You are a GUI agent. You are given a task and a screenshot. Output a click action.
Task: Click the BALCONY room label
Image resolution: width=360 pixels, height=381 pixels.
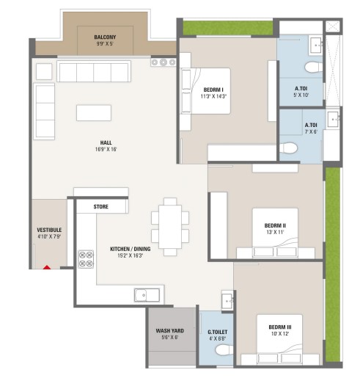coord(105,37)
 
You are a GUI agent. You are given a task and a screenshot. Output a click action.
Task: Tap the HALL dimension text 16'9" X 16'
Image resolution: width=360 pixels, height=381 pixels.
coord(106,149)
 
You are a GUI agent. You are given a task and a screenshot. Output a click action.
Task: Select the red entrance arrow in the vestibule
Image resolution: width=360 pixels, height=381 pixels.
coord(47,267)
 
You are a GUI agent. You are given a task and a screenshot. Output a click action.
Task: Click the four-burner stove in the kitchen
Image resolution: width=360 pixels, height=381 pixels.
coord(86,259)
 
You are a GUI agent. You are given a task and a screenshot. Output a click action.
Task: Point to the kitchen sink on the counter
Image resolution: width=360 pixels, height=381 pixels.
coord(147,295)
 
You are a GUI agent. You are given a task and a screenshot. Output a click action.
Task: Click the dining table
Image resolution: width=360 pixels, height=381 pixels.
coord(170,227)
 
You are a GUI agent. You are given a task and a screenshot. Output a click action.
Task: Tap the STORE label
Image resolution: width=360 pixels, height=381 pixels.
coord(101,207)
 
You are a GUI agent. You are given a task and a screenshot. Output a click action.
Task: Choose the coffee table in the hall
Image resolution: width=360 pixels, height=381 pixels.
coord(94,113)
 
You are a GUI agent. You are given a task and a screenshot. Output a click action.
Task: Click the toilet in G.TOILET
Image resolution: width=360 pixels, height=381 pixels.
coord(224,349)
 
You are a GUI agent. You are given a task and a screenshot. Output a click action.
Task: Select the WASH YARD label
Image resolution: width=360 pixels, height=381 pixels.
coord(170,331)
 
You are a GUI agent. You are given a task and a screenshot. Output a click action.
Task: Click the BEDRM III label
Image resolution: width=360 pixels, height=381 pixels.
coord(280,327)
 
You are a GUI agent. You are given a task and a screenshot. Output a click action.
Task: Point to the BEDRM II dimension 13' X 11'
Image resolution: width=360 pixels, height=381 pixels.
coord(275,232)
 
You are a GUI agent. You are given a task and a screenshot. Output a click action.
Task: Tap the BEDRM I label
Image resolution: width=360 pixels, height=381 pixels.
coord(213,90)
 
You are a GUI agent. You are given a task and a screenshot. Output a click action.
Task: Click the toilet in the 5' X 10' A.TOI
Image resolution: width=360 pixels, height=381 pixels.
coord(314,68)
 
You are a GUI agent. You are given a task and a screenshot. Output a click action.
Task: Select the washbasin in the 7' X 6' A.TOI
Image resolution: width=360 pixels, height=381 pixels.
coord(333,119)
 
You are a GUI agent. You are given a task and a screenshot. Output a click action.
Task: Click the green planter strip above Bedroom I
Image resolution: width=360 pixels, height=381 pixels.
coord(228,28)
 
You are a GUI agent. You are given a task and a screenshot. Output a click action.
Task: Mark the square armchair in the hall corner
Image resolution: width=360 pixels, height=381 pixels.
coord(44,71)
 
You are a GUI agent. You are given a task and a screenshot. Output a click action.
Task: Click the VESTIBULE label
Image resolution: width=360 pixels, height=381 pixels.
coord(49,230)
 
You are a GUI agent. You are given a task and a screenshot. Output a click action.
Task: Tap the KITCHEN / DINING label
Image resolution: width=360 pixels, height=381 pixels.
coord(131,249)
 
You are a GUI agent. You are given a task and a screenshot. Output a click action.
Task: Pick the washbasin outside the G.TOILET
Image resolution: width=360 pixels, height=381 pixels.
coord(227,300)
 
